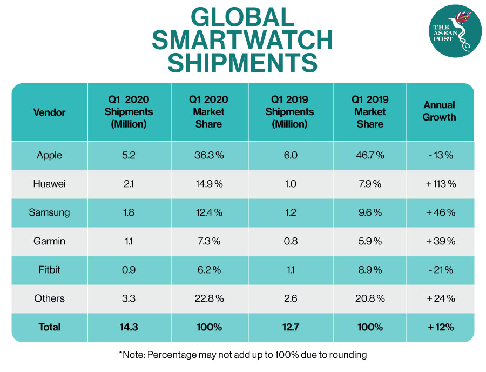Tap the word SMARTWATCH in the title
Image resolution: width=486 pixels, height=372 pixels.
pos(242,41)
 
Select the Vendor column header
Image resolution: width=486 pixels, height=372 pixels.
pos(49,112)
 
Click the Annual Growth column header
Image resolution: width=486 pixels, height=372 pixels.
pos(440,111)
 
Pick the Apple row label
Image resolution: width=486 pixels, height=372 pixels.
pos(49,155)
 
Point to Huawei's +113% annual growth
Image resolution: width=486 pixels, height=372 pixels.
pos(441,184)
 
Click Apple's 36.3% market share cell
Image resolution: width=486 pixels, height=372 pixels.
pos(208,155)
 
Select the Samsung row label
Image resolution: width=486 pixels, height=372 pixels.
pos(49,212)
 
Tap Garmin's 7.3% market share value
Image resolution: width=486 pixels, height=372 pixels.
pos(208,241)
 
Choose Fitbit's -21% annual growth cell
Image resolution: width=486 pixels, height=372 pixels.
pos(440,270)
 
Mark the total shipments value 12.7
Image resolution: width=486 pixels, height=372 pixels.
pos(290,327)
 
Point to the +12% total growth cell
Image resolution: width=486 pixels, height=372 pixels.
pos(440,327)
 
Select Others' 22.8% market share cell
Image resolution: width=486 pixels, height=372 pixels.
pos(208,298)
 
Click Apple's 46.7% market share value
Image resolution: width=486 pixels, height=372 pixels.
pos(370,155)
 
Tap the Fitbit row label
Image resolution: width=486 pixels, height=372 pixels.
pos(49,270)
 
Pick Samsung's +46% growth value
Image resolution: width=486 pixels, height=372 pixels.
pos(441,212)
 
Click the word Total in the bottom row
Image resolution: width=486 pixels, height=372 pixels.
pos(49,327)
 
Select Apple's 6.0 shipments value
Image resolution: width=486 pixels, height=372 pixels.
pos(290,155)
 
